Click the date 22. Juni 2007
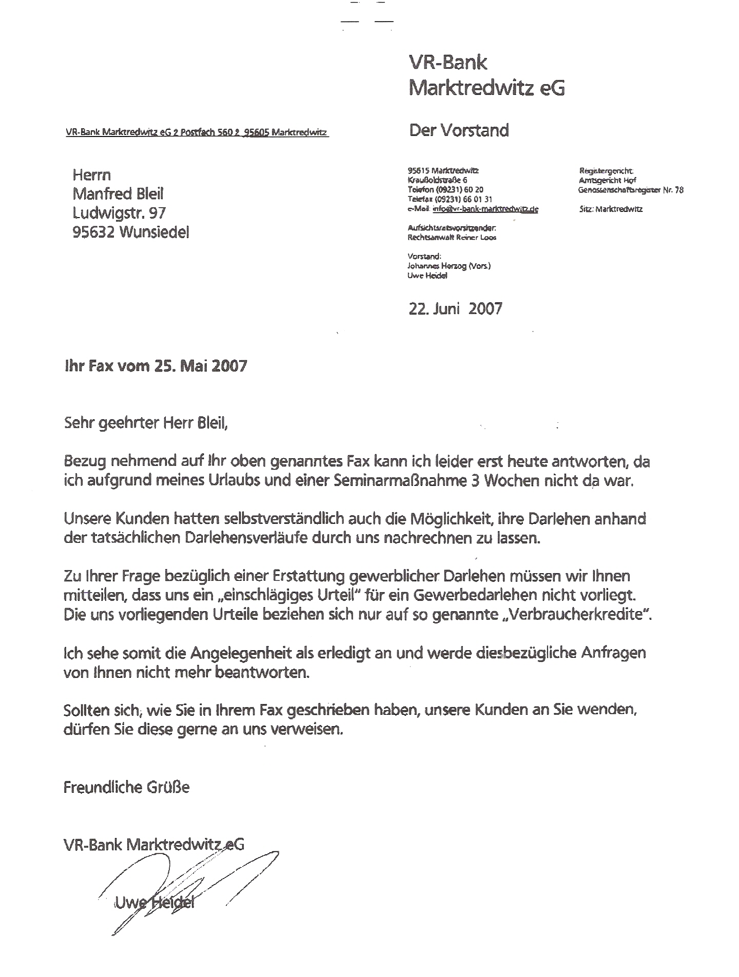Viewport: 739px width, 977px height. pyautogui.click(x=455, y=308)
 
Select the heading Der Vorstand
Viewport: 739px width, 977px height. pyautogui.click(x=459, y=130)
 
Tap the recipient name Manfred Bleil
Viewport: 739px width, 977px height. pyautogui.click(x=118, y=193)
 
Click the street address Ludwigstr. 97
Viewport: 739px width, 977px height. pyautogui.click(x=119, y=213)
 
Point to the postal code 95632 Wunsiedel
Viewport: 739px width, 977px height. pyautogui.click(x=131, y=232)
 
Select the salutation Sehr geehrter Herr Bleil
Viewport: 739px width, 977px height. pyautogui.click(x=145, y=423)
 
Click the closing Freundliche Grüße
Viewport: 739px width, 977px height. pyautogui.click(x=126, y=787)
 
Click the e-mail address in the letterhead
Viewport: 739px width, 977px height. pyautogui.click(x=485, y=209)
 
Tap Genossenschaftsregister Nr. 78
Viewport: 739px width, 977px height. pyautogui.click(x=631, y=190)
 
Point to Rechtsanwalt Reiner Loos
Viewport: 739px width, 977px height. pyautogui.click(x=452, y=238)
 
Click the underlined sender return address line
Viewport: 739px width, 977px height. pyautogui.click(x=197, y=132)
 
